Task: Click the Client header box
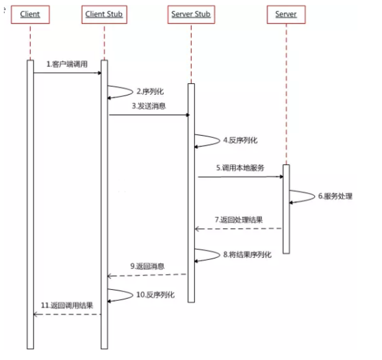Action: coord(30,15)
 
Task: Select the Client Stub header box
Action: coord(104,15)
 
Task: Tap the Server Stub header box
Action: coord(191,15)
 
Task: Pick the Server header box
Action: coord(286,15)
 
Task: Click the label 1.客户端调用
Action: coord(67,64)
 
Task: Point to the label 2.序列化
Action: coord(150,92)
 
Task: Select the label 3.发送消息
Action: coord(149,106)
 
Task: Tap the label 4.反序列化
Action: coord(240,140)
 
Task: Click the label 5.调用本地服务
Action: coord(240,168)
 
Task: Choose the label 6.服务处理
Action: coord(335,196)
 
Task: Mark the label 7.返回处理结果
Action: coord(239,220)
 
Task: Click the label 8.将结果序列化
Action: coord(248,255)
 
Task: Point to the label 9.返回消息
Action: coord(147,266)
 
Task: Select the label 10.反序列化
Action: coord(155,294)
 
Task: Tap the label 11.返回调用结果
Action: coord(67,305)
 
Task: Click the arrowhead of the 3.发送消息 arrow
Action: coord(188,115)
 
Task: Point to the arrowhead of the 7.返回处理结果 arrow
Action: coord(197,229)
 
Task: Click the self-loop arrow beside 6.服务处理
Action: coord(314,196)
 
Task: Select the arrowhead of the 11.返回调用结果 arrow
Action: coord(36,315)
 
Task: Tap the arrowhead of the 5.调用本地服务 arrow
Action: coord(282,177)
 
